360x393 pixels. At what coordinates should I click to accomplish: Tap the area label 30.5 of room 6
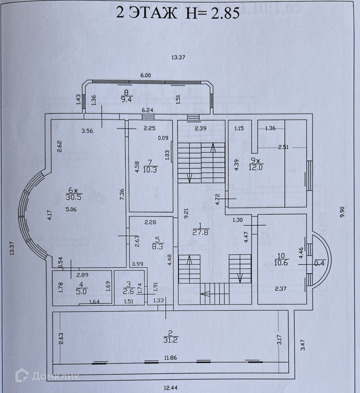(73, 197)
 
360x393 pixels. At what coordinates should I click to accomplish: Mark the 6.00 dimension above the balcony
(146, 75)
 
